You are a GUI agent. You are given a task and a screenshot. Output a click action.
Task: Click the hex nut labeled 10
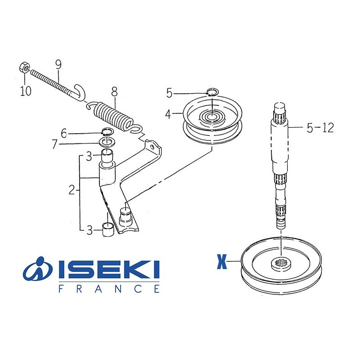(x=24, y=67)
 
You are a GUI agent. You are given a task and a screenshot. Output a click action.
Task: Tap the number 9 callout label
(x=58, y=64)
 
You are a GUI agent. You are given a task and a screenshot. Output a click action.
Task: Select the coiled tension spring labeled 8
(x=114, y=116)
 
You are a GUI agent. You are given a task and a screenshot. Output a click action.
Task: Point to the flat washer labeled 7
(x=107, y=142)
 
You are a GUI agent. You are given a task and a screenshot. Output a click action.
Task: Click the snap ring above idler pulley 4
(x=212, y=92)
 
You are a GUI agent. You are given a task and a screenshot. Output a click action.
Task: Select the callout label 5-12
(x=320, y=128)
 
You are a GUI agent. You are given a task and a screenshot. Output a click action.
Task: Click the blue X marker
(x=222, y=261)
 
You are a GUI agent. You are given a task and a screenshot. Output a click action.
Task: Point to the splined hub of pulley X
(x=281, y=263)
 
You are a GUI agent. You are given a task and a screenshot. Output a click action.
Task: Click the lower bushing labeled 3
(x=108, y=229)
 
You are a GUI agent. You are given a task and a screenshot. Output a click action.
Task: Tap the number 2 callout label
(x=72, y=190)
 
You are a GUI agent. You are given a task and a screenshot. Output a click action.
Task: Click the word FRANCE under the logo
(x=109, y=288)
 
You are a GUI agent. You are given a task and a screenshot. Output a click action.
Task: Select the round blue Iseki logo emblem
(x=38, y=269)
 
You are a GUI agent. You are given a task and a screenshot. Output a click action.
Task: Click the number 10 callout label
(x=26, y=91)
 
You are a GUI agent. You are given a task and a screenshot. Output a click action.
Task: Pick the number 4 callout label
(x=168, y=114)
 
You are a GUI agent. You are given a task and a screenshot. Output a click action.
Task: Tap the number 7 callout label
(x=54, y=144)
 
